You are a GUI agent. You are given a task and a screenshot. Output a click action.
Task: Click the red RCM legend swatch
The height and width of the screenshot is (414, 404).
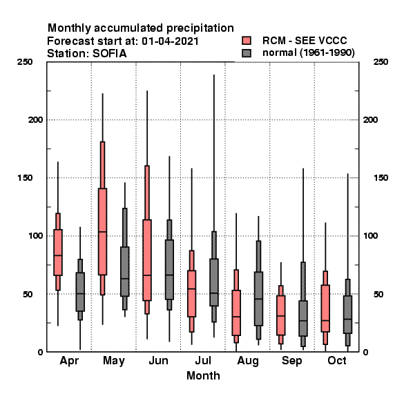point(247,41)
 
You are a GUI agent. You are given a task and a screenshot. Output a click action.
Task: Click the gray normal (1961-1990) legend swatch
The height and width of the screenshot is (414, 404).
point(247,53)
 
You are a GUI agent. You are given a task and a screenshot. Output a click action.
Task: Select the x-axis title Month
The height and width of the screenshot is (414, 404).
point(203,376)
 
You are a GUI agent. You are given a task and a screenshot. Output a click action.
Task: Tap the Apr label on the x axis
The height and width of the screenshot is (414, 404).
point(69,361)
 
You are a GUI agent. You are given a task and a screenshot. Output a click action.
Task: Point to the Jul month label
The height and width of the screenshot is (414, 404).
point(203,360)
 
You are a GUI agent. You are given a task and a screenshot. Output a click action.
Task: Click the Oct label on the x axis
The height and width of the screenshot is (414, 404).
point(336,360)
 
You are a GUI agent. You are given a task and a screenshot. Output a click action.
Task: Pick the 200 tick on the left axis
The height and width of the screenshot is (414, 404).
point(35,119)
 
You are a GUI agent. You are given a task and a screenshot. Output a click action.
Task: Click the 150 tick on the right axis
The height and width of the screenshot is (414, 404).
point(381,178)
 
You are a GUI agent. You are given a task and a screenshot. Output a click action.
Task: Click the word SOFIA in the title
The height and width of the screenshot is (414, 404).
point(109,54)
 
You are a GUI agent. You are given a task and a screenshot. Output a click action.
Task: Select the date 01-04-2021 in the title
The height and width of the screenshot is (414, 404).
point(170,41)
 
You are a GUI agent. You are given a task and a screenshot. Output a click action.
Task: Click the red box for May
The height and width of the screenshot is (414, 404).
point(102,232)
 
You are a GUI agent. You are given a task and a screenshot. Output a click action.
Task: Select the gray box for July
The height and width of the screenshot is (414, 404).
point(214,282)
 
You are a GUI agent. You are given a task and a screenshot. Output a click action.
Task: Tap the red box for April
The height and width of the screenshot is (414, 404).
point(58,253)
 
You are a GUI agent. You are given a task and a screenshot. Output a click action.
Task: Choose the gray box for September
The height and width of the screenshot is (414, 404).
point(303,318)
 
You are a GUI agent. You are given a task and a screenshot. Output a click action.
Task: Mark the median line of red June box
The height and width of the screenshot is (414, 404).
point(147,275)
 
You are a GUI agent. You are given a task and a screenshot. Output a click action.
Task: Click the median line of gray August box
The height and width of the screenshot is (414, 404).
point(258,299)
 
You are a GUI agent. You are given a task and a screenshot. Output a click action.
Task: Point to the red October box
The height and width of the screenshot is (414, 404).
point(325,308)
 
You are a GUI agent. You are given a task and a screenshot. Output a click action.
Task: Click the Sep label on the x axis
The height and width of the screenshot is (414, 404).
point(291,361)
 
